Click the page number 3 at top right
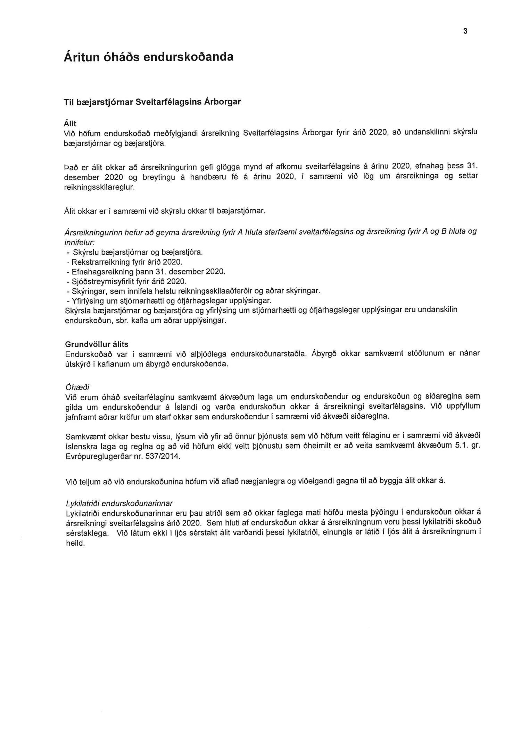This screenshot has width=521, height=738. [465, 31]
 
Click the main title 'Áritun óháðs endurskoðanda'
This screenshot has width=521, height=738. [148, 57]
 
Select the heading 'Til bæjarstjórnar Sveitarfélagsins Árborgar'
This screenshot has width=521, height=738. [152, 103]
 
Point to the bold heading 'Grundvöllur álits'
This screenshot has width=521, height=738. [97, 344]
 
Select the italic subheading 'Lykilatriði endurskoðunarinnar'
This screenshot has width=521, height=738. [119, 504]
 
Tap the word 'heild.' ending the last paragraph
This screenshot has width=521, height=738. [75, 543]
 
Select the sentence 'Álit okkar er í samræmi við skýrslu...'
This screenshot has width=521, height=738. [165, 211]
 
